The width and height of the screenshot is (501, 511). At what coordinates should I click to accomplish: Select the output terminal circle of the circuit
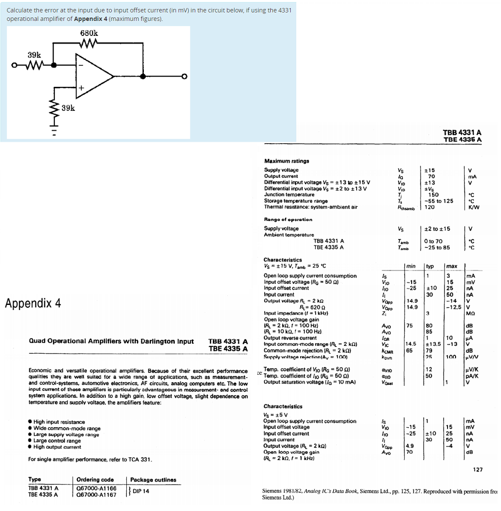[x=184, y=76]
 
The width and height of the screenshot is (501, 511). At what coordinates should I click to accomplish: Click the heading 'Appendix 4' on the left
[x=33, y=303]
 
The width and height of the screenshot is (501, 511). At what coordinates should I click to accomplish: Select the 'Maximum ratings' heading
[x=286, y=161]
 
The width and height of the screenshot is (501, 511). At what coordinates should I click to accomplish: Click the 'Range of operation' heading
[x=288, y=219]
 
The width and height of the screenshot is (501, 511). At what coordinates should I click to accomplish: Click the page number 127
[x=478, y=469]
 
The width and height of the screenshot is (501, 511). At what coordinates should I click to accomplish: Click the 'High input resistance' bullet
[x=59, y=422]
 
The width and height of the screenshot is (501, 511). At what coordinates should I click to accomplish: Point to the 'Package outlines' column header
[x=153, y=480]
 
